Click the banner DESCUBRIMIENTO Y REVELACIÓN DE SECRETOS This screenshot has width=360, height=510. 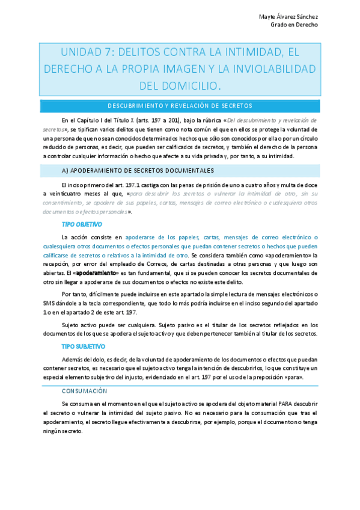(x=180, y=106)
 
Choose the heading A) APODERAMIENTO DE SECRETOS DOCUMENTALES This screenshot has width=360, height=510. (x=138, y=170)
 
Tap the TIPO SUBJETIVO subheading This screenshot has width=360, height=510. (x=84, y=346)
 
